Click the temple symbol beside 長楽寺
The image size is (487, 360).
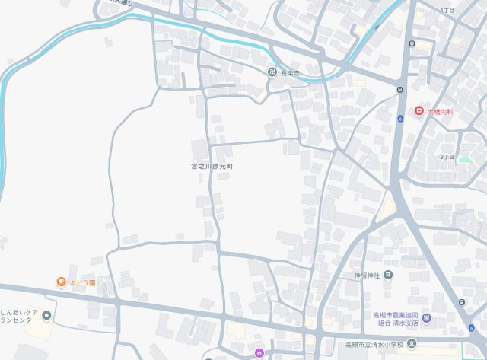272,72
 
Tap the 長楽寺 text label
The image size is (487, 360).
291,73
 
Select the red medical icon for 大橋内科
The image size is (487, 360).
419,111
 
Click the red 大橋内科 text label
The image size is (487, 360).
440,112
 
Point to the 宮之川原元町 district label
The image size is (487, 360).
212,165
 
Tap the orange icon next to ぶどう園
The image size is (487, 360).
61,282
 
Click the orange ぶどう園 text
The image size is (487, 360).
83,283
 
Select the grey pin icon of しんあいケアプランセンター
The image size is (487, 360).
47,316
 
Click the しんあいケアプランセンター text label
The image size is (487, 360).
19,316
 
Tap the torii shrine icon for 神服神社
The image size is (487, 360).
388,275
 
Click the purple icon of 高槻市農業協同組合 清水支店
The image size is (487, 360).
426,318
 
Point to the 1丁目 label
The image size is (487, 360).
447,10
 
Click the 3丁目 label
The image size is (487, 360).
447,157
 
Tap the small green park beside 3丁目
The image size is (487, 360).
464,160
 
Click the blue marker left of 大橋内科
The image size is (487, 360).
400,119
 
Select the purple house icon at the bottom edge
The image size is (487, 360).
259,353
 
